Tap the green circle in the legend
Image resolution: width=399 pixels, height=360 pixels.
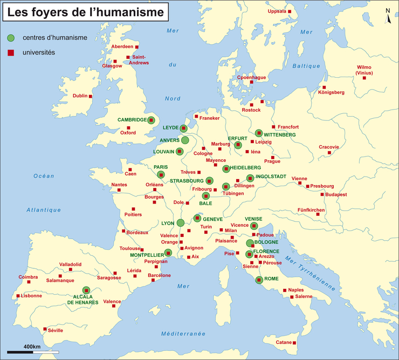click(x=11, y=38)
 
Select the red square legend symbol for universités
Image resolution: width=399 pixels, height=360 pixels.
click(x=11, y=53)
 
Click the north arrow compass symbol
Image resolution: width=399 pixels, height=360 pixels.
click(x=388, y=16)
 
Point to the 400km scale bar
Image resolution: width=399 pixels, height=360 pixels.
click(x=32, y=352)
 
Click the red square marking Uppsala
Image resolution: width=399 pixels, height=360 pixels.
click(x=290, y=11)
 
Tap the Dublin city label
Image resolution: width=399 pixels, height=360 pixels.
click(x=80, y=96)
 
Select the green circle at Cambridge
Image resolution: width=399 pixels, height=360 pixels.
click(x=151, y=120)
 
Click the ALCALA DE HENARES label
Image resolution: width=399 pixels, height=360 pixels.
click(x=82, y=300)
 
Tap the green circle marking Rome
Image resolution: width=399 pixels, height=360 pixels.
click(x=259, y=279)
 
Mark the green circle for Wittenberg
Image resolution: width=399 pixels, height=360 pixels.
click(x=259, y=133)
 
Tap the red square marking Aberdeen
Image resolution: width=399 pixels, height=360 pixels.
click(x=136, y=47)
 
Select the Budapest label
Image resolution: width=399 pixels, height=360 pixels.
click(x=335, y=194)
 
